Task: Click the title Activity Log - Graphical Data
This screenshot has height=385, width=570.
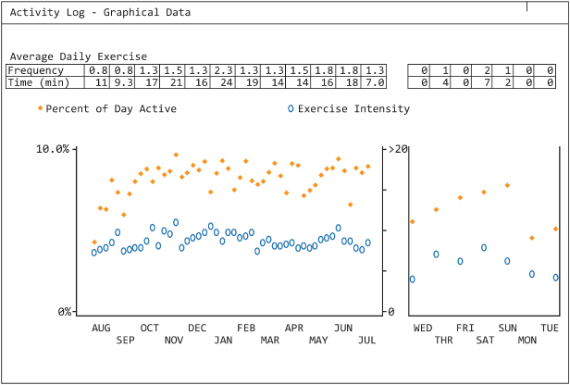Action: pos(101,13)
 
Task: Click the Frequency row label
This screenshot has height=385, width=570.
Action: pos(36,70)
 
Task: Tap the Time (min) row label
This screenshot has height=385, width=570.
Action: pos(39,82)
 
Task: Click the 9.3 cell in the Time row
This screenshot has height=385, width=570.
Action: pos(124,82)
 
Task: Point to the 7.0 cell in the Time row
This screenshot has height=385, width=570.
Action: pos(374,82)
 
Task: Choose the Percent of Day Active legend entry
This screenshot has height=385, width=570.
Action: pos(111,109)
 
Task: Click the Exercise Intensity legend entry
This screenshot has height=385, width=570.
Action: pos(353,109)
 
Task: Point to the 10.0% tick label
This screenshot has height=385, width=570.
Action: pos(53,149)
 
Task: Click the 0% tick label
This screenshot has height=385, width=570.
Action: pos(65,312)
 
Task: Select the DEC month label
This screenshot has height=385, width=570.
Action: pos(197,328)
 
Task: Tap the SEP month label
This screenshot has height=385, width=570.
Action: pos(126,340)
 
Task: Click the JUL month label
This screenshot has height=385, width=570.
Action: pos(367,340)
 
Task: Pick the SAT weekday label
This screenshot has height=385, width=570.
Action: pos(486,340)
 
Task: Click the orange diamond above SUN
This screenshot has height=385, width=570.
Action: pos(507,185)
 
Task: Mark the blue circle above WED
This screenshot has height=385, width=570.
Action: pos(413,279)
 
